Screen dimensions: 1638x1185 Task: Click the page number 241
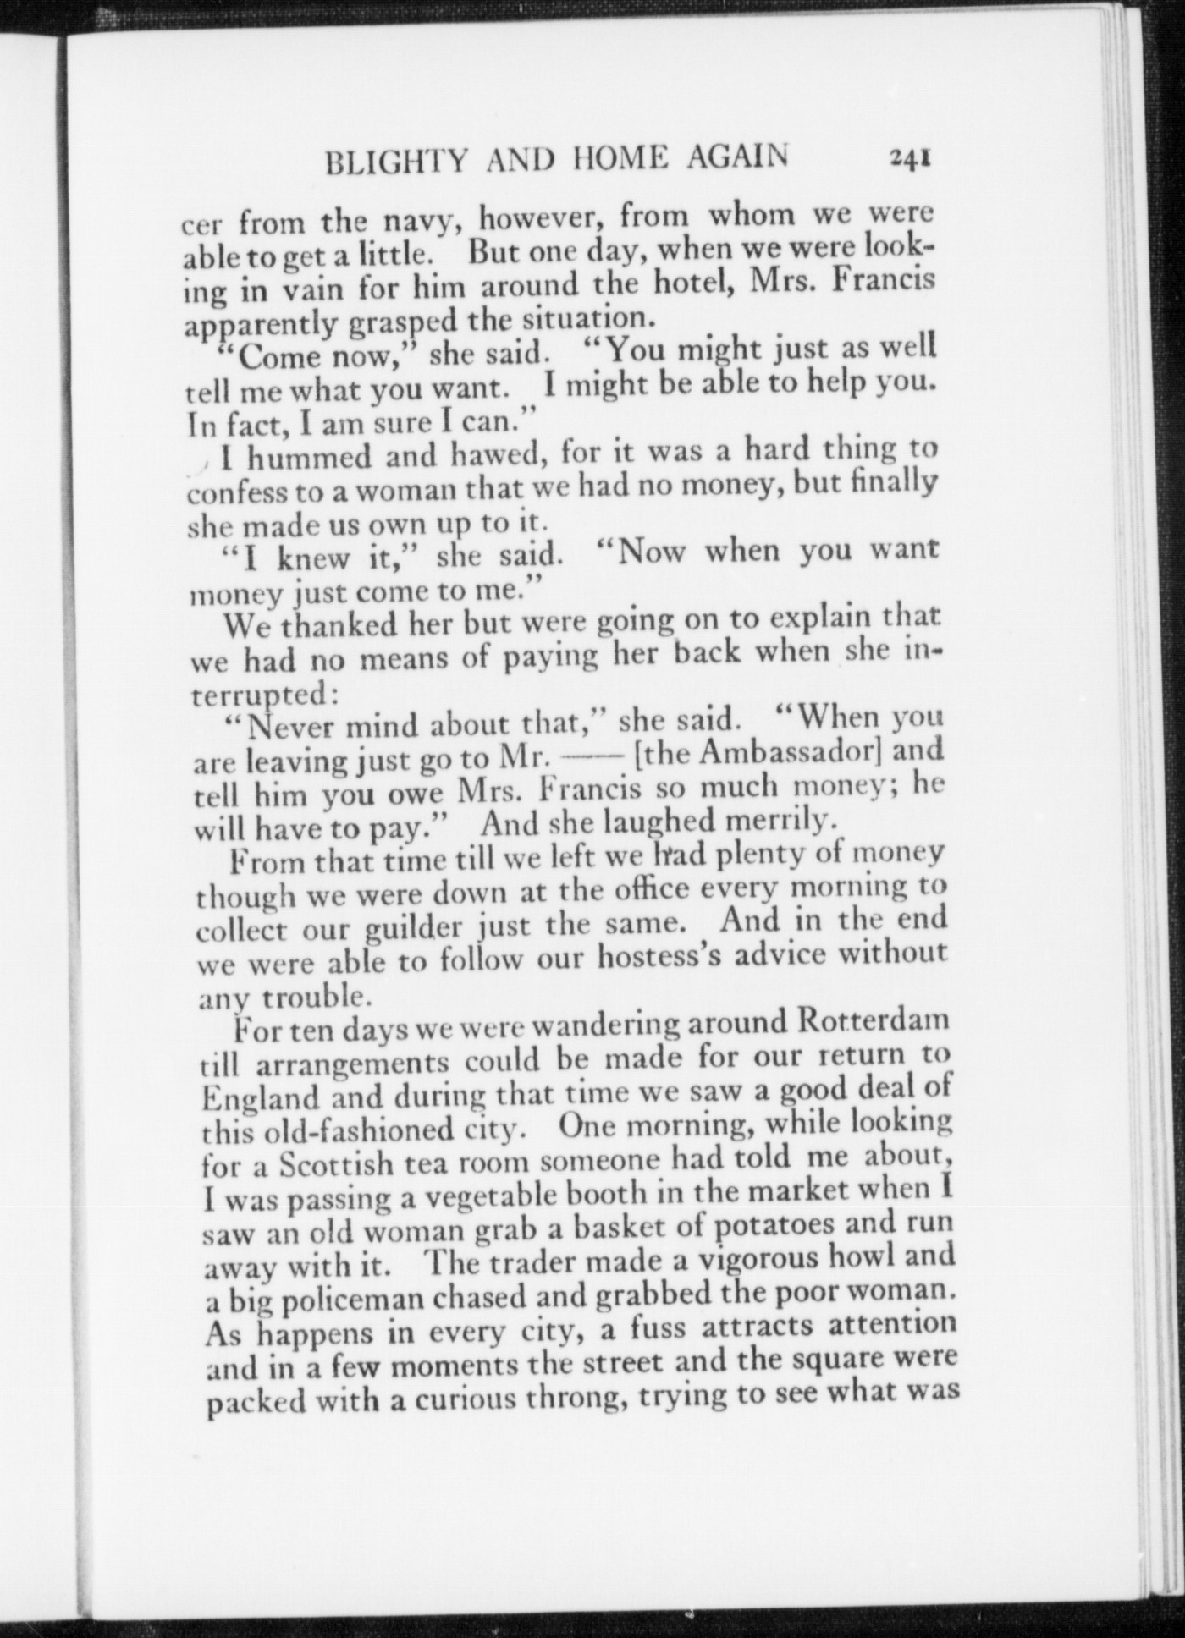click(910, 158)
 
